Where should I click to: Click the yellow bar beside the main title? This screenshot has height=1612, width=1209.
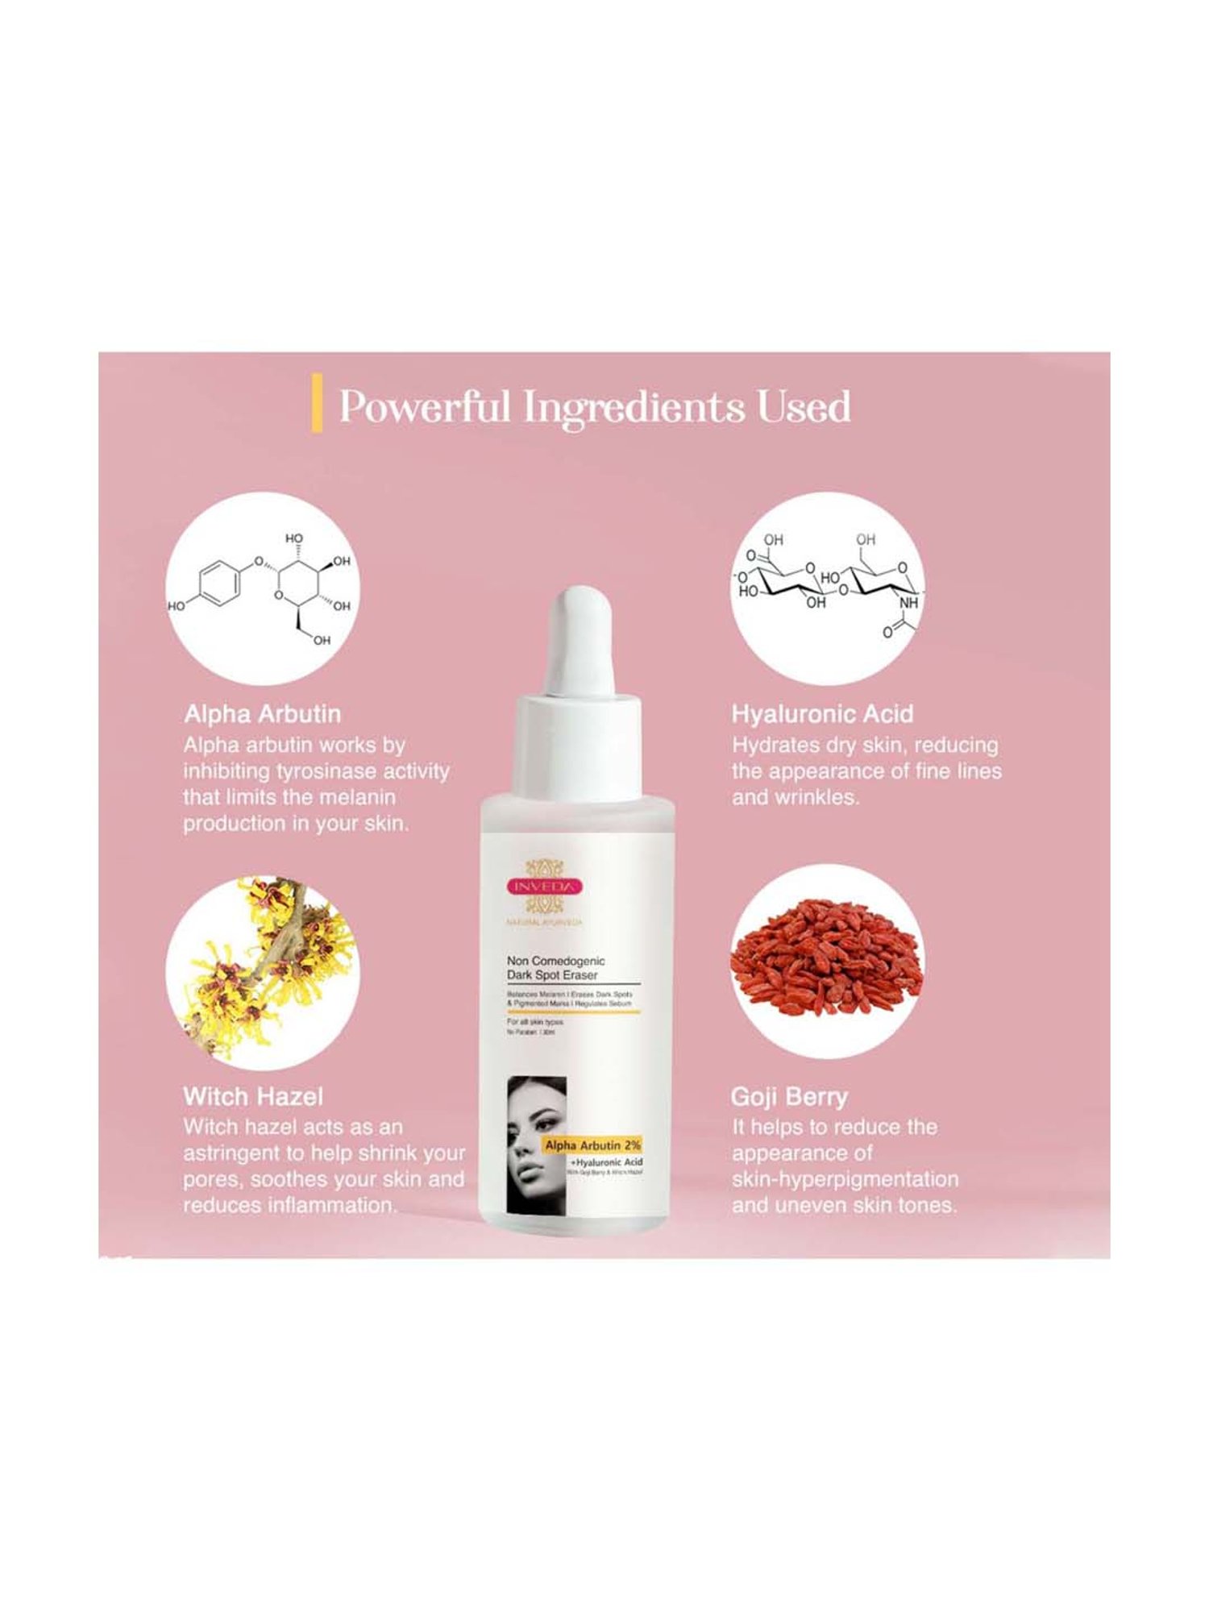(317, 403)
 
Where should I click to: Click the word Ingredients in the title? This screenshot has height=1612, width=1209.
(633, 407)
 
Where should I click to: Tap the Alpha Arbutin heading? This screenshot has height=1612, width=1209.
(262, 714)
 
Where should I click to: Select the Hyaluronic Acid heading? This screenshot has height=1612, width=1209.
(822, 714)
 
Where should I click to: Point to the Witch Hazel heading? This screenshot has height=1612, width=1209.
(253, 1096)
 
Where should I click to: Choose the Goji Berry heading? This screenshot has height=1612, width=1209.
(789, 1097)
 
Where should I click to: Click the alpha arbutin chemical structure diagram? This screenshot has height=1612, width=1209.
(262, 588)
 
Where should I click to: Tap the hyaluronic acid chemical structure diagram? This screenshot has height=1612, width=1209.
(828, 588)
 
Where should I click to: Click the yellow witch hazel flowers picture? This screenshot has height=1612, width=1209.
(262, 967)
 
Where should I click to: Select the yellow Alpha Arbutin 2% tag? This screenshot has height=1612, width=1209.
(593, 1145)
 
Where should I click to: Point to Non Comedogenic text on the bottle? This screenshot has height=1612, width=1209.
(555, 961)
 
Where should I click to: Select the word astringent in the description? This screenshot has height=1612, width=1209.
(243, 1153)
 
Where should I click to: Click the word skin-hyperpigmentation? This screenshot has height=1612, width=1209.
(845, 1180)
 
